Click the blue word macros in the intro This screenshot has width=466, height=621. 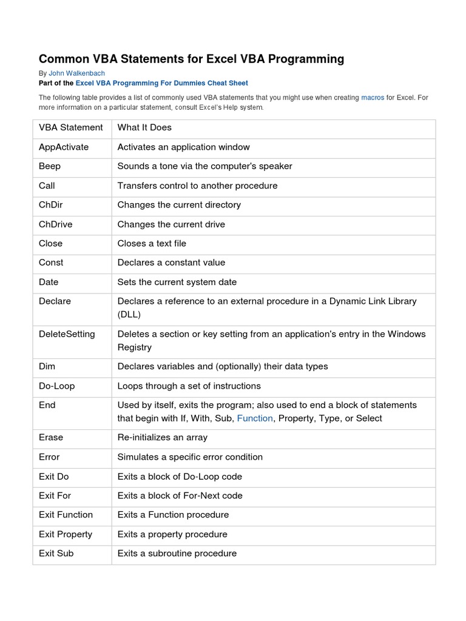(x=373, y=97)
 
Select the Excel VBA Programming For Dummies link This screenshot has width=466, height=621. (x=162, y=83)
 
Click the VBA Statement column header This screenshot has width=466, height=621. (x=71, y=127)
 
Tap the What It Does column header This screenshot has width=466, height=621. (x=144, y=127)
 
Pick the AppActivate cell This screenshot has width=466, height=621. (x=64, y=147)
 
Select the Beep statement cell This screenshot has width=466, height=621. (x=50, y=166)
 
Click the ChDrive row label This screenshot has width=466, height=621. (x=55, y=224)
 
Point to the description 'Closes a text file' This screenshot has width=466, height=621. (x=152, y=244)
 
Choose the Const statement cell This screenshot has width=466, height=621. (x=51, y=263)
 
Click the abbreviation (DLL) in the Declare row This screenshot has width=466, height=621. (x=129, y=315)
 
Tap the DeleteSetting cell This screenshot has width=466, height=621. (x=67, y=334)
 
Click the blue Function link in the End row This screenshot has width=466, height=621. (x=255, y=418)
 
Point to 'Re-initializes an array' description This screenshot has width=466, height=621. (x=162, y=437)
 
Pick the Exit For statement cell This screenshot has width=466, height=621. (x=55, y=495)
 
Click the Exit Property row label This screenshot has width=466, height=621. (x=66, y=534)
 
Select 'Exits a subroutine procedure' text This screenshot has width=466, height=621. (x=177, y=553)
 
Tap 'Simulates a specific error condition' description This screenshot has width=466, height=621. (x=190, y=457)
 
